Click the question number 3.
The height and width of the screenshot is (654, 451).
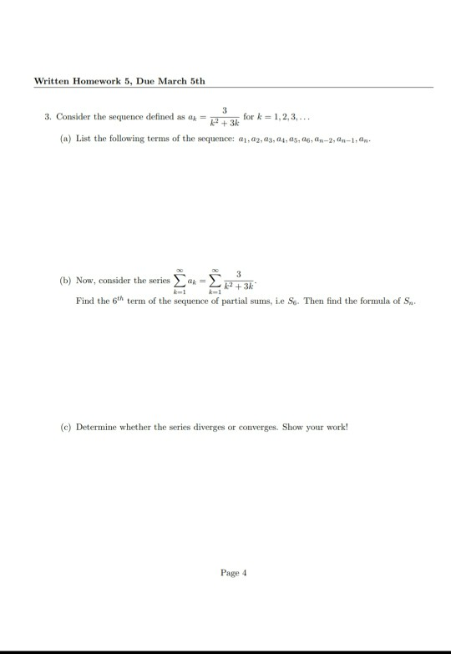pyautogui.click(x=47, y=114)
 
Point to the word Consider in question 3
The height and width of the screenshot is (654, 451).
pyautogui.click(x=71, y=114)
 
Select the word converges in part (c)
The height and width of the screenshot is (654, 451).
pyautogui.click(x=255, y=425)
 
